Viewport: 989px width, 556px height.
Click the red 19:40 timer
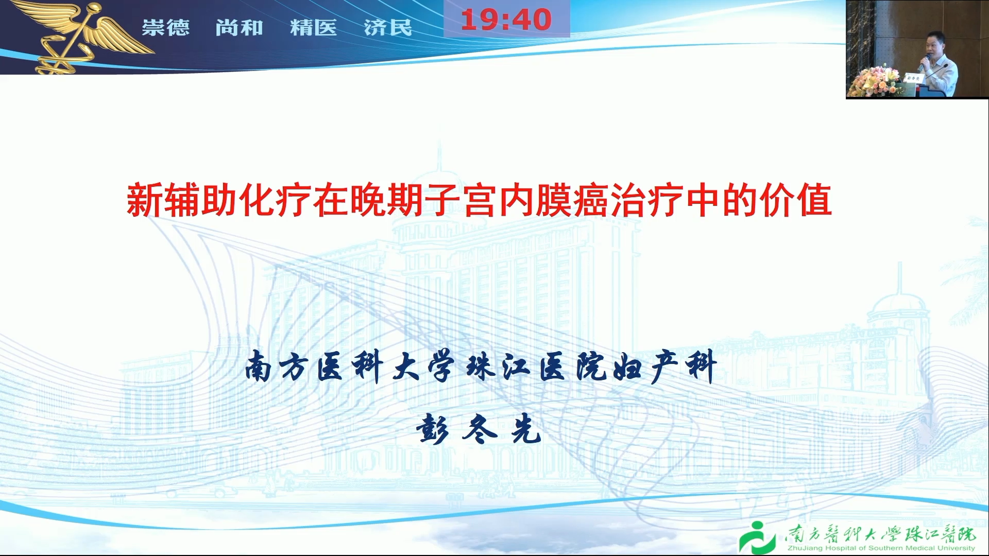pyautogui.click(x=506, y=20)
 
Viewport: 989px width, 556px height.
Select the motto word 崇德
pyautogui.click(x=165, y=27)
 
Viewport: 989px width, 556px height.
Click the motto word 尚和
pyautogui.click(x=240, y=27)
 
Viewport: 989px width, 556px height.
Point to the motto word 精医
pyautogui.click(x=313, y=27)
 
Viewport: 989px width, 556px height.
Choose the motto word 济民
pyautogui.click(x=388, y=27)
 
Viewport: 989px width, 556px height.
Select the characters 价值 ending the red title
pyautogui.click(x=796, y=200)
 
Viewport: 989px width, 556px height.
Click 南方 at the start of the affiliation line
pyautogui.click(x=276, y=367)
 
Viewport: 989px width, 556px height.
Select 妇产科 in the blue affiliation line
pyautogui.click(x=667, y=366)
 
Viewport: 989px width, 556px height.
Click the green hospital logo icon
pyautogui.click(x=757, y=538)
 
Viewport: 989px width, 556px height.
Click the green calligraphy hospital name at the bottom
pyautogui.click(x=880, y=534)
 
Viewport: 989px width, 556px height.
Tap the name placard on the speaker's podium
pyautogui.click(x=913, y=78)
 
